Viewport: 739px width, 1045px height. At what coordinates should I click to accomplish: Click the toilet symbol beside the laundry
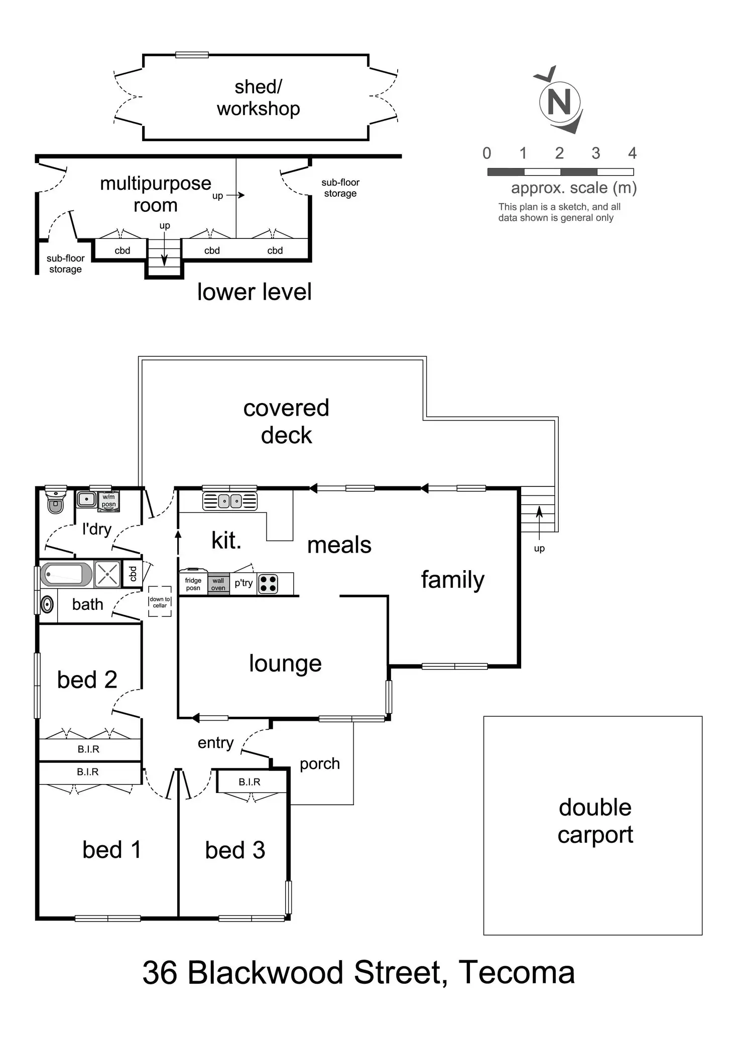pos(56,499)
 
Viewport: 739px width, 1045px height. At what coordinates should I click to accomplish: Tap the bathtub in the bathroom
pos(66,575)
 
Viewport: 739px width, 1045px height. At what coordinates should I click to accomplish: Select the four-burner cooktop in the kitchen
pos(268,584)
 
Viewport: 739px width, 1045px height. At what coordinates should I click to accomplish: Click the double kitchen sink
pos(230,501)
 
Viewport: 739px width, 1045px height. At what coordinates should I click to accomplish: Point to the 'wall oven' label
pos(218,584)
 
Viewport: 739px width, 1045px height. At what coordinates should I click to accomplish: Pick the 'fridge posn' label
pos(193,584)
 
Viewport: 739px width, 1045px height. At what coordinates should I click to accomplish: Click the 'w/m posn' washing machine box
pos(109,501)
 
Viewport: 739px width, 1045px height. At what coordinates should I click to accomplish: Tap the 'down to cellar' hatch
pos(160,601)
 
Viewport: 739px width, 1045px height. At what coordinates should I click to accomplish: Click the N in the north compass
pos(560,101)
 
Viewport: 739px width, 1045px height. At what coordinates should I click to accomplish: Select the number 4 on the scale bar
pos(632,153)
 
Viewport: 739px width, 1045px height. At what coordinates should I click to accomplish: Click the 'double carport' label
pos(595,821)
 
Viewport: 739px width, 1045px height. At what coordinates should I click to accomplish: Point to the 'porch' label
pos(320,764)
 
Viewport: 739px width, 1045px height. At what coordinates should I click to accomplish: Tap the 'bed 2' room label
pos(87,680)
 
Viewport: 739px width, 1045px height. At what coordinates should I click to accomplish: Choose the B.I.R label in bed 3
pos(250,782)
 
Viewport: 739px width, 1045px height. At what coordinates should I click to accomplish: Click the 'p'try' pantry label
pos(243,583)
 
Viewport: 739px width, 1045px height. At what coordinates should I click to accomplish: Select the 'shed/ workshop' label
pos(259,97)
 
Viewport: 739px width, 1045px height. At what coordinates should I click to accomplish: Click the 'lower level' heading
pos(255,292)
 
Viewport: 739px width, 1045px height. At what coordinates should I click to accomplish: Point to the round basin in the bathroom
pos(47,604)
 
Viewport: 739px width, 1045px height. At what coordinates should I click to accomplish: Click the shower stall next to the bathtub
pos(107,575)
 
